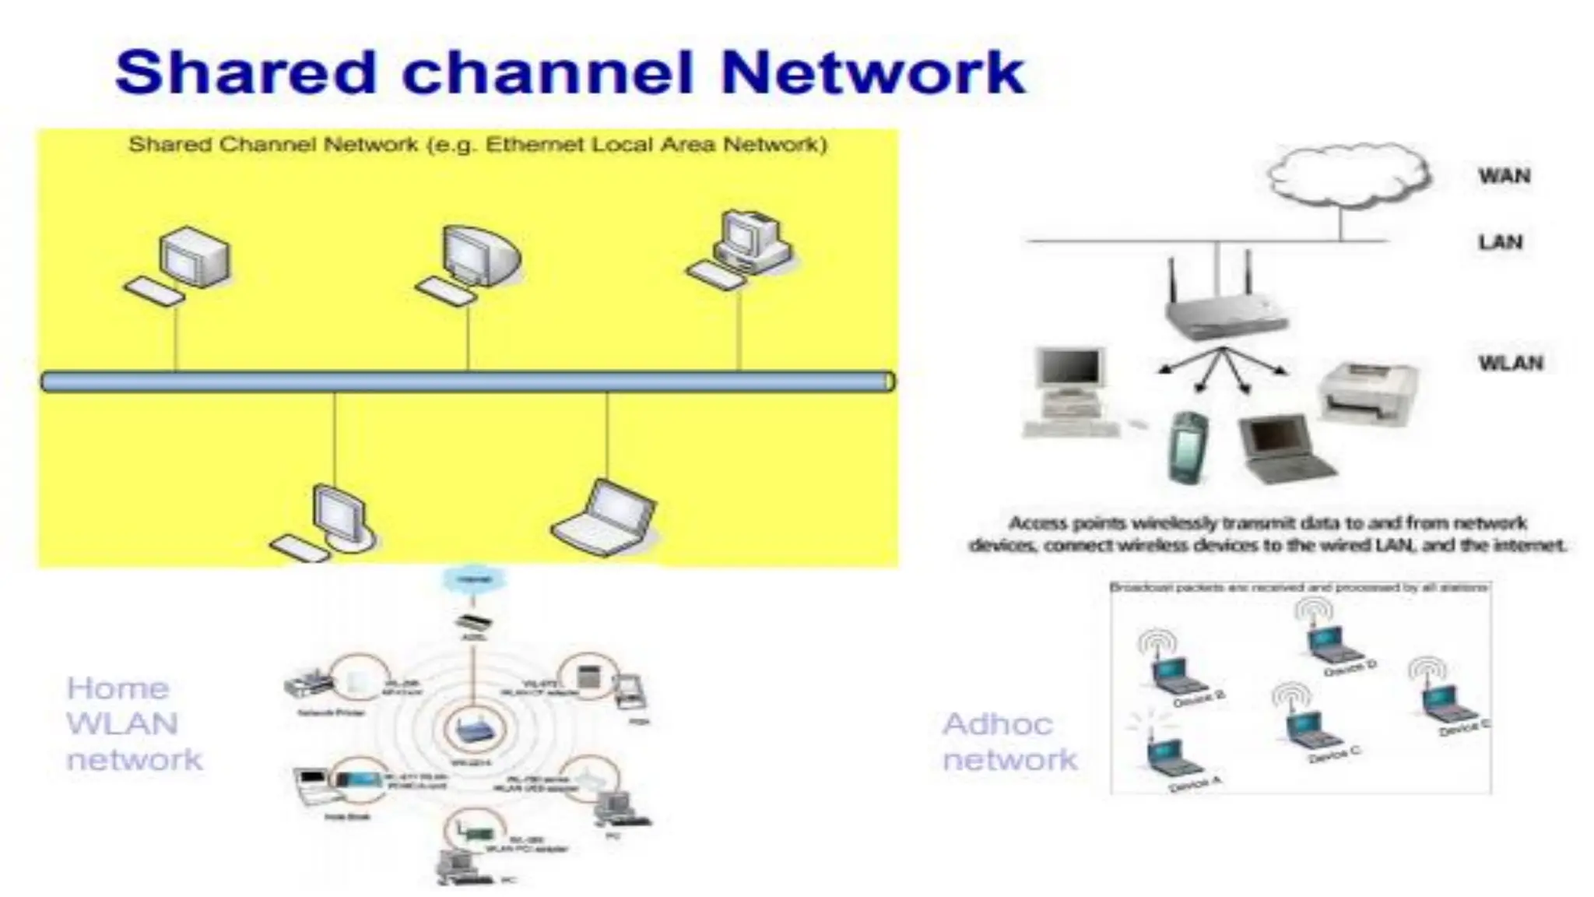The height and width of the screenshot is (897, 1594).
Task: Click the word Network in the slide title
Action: (x=872, y=72)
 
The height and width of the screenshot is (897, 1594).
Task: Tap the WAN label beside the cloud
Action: (x=1504, y=176)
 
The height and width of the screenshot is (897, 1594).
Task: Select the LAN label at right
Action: (x=1500, y=242)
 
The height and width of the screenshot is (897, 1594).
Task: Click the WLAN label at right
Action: (x=1510, y=363)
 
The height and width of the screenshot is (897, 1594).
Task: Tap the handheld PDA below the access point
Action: (x=1188, y=446)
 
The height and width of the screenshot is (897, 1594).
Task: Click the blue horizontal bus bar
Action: (x=467, y=382)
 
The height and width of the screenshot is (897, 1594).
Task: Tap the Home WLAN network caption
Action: (x=134, y=723)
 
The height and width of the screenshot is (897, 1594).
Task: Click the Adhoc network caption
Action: (x=1009, y=741)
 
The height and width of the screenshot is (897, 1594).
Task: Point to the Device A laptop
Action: (x=1165, y=758)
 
